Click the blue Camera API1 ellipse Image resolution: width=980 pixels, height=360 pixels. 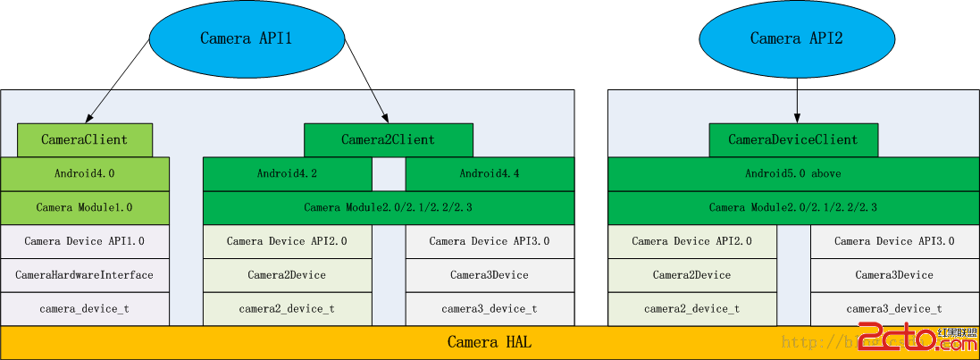(x=246, y=38)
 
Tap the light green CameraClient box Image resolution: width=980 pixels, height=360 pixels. (x=85, y=140)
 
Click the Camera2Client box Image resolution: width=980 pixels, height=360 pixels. (x=388, y=140)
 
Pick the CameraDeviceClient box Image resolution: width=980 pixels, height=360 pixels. (x=793, y=140)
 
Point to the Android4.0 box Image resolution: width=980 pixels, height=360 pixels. (x=85, y=173)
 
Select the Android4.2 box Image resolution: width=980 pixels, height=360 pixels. (x=287, y=173)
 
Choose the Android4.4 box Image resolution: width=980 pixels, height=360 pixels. (x=490, y=173)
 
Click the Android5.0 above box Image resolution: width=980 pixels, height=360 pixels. (x=793, y=173)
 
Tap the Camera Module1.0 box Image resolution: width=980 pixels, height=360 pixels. (x=85, y=207)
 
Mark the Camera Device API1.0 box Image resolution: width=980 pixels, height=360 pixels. (x=85, y=241)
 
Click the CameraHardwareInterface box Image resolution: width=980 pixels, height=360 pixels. (x=85, y=275)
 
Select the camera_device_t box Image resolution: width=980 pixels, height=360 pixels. (x=85, y=309)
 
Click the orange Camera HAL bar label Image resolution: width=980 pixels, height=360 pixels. (x=490, y=342)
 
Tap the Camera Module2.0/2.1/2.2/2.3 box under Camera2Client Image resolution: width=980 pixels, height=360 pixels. (x=388, y=207)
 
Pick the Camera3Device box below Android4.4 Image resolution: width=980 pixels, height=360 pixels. (x=490, y=275)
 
